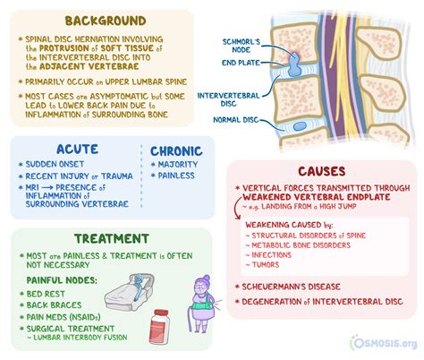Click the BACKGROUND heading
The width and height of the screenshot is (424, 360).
tap(106, 21)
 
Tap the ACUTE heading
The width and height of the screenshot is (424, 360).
tap(77, 149)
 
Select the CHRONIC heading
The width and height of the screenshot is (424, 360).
tap(176, 151)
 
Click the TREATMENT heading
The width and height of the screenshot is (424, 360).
tap(112, 238)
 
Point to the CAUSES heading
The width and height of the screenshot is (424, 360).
tap(322, 171)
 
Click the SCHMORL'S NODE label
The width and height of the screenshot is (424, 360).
tap(242, 46)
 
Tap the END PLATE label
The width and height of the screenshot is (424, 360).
tap(241, 63)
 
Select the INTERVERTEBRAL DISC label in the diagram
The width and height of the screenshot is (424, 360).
tap(228, 99)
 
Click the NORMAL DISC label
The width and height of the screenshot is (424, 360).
tap(235, 120)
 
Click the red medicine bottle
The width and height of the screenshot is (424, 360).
tap(159, 327)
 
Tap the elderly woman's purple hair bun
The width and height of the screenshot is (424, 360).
tap(207, 279)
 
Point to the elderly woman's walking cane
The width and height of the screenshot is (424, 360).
tap(190, 317)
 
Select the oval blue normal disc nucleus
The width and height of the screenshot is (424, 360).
tap(300, 126)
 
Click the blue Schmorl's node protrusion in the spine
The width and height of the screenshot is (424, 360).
tap(295, 64)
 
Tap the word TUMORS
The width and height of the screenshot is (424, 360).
tap(266, 265)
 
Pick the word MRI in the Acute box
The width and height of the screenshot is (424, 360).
tap(32, 187)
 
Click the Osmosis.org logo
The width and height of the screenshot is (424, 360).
tap(384, 343)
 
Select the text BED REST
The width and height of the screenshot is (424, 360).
tap(46, 294)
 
